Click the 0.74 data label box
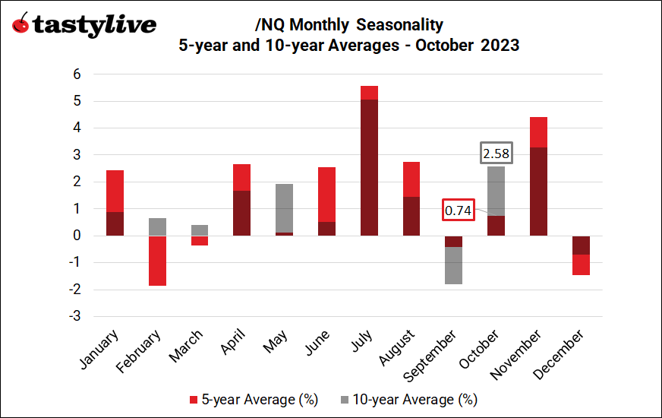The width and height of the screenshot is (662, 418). (x=458, y=211)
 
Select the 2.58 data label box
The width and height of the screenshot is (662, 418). (x=496, y=154)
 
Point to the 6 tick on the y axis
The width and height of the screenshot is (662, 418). (x=76, y=74)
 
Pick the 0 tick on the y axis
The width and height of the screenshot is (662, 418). (x=76, y=236)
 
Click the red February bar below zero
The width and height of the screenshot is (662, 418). (x=157, y=261)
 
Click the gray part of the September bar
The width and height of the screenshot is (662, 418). (x=453, y=265)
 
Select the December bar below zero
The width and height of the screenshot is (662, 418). (x=581, y=255)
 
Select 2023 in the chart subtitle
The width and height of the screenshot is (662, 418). (x=499, y=45)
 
